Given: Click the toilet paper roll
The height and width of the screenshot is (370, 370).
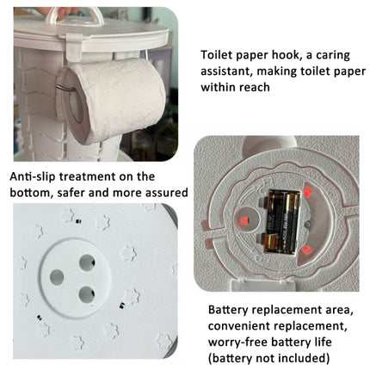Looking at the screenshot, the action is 112,101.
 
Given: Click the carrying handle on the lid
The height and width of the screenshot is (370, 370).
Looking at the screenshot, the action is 75,15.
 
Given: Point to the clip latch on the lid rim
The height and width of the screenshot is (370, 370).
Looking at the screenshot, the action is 74,47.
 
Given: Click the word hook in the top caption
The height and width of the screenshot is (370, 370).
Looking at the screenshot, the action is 287,55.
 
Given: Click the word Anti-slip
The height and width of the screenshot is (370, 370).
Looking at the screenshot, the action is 32,176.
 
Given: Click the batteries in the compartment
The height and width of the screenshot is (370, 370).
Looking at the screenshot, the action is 282,221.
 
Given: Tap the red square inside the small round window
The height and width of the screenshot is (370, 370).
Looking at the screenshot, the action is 244,221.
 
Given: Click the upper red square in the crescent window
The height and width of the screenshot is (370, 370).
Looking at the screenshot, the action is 308,192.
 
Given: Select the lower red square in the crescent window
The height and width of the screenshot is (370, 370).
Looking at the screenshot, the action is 306,250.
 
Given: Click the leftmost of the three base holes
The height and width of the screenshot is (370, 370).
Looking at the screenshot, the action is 57,277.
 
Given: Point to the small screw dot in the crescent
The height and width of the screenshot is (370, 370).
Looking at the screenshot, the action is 307,225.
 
